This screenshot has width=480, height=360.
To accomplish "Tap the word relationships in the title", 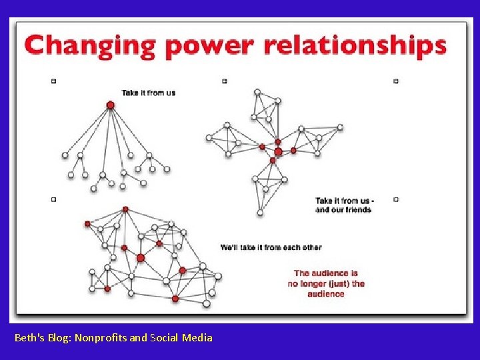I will click(x=355, y=45).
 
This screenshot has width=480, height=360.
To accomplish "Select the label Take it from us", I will click(x=148, y=93).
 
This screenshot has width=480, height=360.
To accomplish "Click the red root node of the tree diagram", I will click(x=111, y=105).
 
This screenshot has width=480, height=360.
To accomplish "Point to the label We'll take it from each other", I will click(x=271, y=247).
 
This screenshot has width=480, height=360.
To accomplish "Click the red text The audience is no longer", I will click(x=326, y=283).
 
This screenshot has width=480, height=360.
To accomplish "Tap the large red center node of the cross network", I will click(x=278, y=152).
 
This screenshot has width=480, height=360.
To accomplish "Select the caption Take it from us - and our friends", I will click(x=344, y=205).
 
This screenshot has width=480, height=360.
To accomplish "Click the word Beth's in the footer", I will click(x=28, y=338).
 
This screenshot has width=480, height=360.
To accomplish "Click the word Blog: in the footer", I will click(x=59, y=338).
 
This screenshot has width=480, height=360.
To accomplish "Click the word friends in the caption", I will click(x=358, y=209).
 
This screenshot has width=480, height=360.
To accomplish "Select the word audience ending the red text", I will click(x=326, y=293).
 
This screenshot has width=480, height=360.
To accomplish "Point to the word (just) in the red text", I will click(x=337, y=283).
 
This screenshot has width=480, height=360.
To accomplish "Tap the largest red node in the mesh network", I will click(x=140, y=257).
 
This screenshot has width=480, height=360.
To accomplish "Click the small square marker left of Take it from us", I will click(x=53, y=81).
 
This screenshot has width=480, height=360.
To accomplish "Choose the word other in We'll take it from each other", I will click(x=311, y=247).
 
